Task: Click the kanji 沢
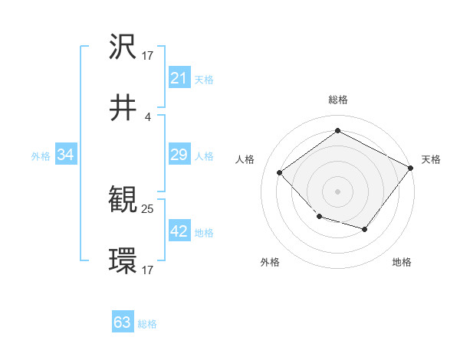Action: tap(123, 47)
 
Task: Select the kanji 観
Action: tap(123, 201)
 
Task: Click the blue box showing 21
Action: tap(179, 78)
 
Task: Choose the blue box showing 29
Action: tap(179, 155)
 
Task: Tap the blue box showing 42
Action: tap(179, 232)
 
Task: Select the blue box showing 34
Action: tap(66, 155)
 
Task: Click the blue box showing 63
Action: tap(123, 322)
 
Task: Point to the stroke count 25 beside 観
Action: tap(148, 208)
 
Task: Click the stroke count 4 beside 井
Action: tap(148, 116)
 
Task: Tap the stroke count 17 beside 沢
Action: tap(148, 55)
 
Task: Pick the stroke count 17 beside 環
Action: tap(148, 270)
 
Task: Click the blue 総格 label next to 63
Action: tap(147, 324)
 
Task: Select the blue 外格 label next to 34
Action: tap(41, 156)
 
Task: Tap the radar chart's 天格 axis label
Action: tap(431, 159)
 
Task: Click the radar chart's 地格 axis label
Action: tap(402, 262)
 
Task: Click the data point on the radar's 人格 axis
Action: tap(281, 173)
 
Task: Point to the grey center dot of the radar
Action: tap(337, 191)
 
